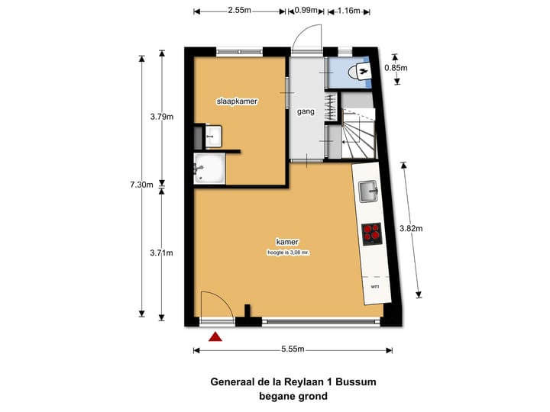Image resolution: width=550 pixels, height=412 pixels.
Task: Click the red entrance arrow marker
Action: coord(216,336)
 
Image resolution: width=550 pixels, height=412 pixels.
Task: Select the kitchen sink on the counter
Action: coord(369,192)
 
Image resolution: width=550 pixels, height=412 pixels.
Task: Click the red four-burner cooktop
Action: coord(372,233)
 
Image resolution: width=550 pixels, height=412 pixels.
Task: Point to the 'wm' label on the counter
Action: coord(374,286)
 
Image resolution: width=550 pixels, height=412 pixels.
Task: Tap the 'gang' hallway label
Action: coord(306,111)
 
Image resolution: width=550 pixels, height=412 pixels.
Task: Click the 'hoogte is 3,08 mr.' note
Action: coord(288,252)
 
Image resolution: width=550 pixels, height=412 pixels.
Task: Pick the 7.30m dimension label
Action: coord(141,185)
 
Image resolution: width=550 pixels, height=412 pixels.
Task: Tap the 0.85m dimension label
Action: coord(396,68)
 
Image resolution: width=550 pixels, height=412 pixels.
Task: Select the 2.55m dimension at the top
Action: coord(241,11)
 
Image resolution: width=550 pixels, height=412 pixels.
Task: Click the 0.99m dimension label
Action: coord(306,11)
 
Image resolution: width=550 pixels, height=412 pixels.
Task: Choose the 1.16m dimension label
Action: coord(348,11)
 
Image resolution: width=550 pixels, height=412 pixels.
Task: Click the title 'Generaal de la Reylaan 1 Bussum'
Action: coord(293,381)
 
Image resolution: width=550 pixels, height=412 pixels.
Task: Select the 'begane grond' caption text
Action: coord(293,396)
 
